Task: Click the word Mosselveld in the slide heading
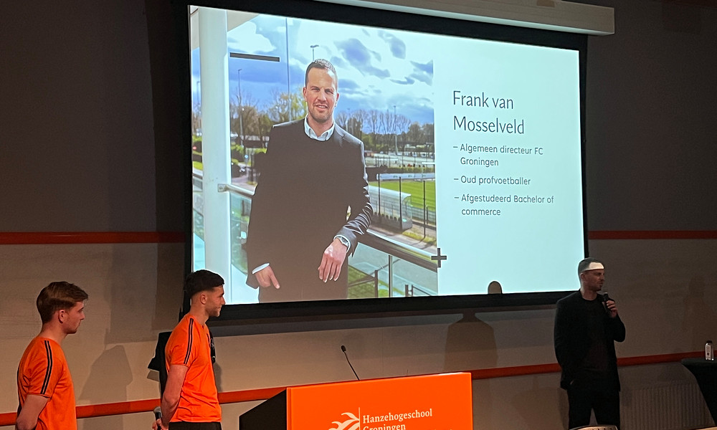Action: coord(488,125)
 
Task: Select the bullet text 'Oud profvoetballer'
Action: coord(495,181)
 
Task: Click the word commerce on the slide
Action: coord(480,211)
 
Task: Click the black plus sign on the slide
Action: coord(438,257)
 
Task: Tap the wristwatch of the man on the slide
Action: coord(343,242)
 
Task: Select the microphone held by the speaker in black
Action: coord(606,299)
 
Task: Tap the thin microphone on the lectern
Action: coord(349,362)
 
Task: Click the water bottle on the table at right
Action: coord(708,350)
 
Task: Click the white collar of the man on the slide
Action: coord(318,132)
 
